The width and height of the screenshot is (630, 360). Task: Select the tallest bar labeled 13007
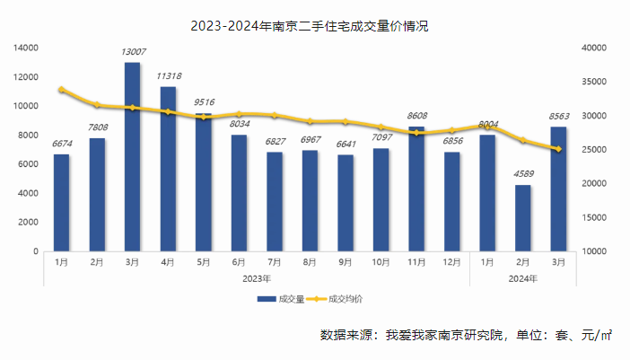pyautogui.click(x=132, y=156)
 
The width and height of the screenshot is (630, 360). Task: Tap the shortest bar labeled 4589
pyautogui.click(x=521, y=217)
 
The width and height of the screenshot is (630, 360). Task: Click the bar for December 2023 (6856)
pyautogui.click(x=451, y=201)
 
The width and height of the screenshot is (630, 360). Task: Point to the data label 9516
pyautogui.click(x=204, y=102)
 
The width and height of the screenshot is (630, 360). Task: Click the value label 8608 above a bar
pyautogui.click(x=416, y=116)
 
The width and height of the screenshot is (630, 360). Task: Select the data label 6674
pyautogui.click(x=61, y=144)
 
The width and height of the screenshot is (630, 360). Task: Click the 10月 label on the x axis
pyautogui.click(x=381, y=262)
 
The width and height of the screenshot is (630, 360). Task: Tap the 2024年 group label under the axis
pyautogui.click(x=521, y=278)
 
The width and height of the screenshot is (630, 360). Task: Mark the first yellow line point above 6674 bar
pyautogui.click(x=61, y=90)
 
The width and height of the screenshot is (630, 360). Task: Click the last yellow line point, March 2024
pyautogui.click(x=557, y=149)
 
